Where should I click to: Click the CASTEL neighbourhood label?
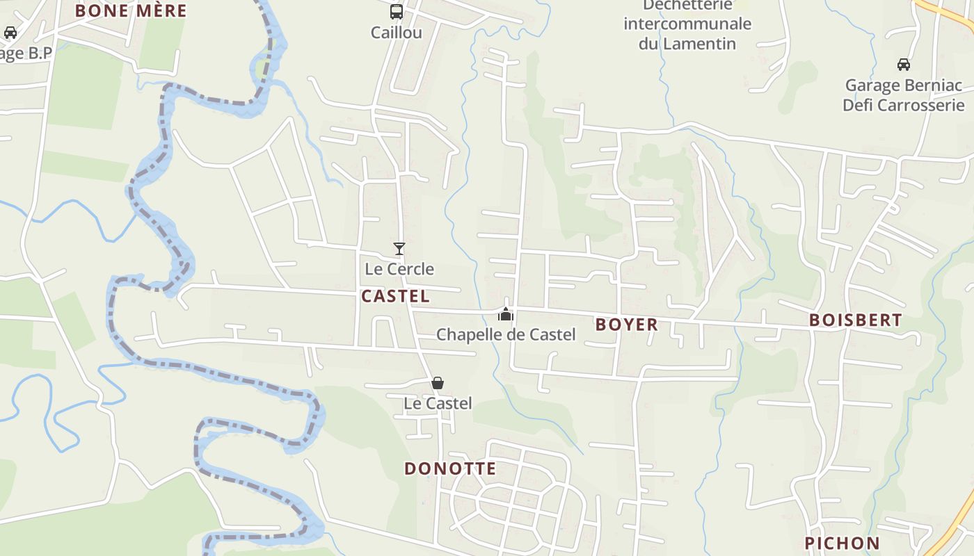pyautogui.click(x=395, y=296)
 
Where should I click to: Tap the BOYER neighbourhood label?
pyautogui.click(x=626, y=324)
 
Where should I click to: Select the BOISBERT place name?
pyautogui.click(x=855, y=320)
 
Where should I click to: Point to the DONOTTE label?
pyautogui.click(x=450, y=468)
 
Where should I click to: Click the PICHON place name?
pyautogui.click(x=842, y=543)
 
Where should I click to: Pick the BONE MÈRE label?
pyautogui.click(x=131, y=11)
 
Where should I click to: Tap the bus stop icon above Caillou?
pyautogui.click(x=396, y=12)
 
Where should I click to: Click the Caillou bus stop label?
pyautogui.click(x=396, y=33)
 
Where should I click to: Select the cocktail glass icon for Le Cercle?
pyautogui.click(x=399, y=248)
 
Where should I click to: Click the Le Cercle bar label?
pyautogui.click(x=399, y=269)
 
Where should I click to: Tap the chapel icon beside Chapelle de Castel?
pyautogui.click(x=506, y=314)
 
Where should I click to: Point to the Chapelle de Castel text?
pyautogui.click(x=506, y=334)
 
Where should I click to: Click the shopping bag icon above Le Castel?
pyautogui.click(x=438, y=383)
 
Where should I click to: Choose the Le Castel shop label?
pyautogui.click(x=438, y=403)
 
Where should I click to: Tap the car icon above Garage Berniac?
pyautogui.click(x=903, y=65)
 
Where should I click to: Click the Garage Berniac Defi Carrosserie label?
pyautogui.click(x=903, y=95)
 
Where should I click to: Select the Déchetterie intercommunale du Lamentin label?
pyautogui.click(x=687, y=24)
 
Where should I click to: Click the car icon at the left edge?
pyautogui.click(x=10, y=33)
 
